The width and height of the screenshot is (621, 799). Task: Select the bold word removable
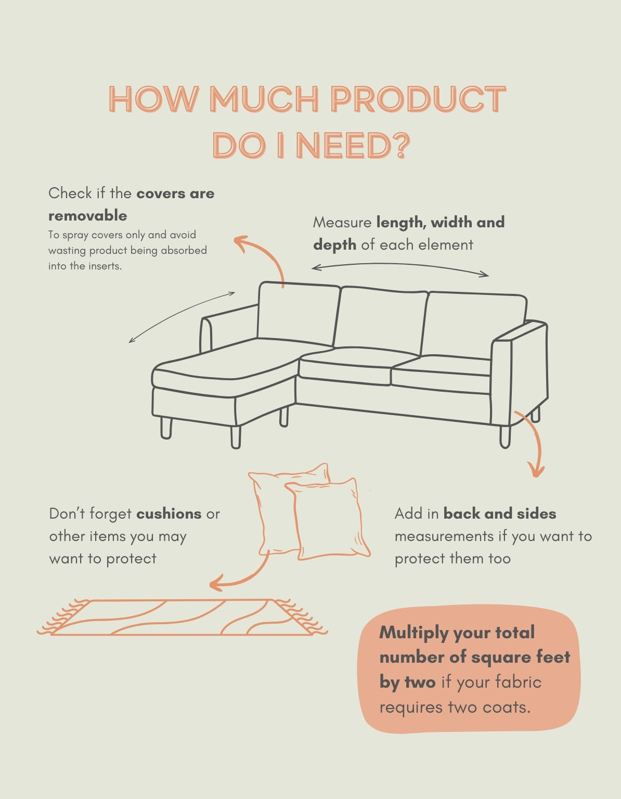pos(87,215)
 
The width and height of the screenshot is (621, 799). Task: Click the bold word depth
pos(334,244)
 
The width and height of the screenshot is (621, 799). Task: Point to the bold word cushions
pos(169,514)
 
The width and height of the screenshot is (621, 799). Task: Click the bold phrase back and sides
pos(500,514)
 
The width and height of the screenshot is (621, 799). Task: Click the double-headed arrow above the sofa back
pos(400,267)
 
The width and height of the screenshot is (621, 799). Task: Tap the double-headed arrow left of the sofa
pos(182,316)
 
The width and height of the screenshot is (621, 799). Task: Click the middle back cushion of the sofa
pos(381,317)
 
